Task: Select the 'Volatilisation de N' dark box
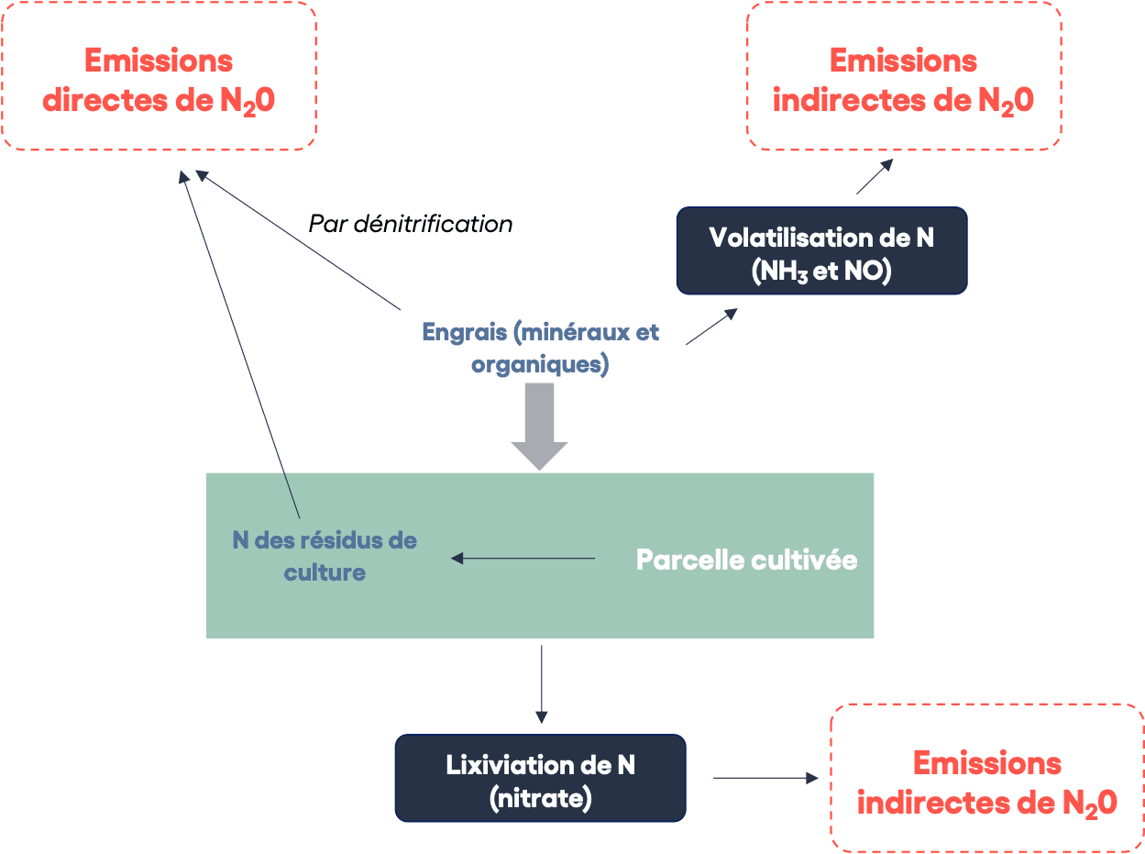pyautogui.click(x=821, y=250)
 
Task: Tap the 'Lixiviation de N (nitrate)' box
pyautogui.click(x=540, y=778)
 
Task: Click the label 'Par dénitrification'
pyautogui.click(x=410, y=224)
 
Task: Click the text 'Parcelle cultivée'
pyautogui.click(x=746, y=560)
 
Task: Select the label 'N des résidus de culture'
pyautogui.click(x=325, y=556)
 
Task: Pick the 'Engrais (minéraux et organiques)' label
pyautogui.click(x=540, y=348)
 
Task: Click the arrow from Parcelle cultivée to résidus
pyautogui.click(x=523, y=558)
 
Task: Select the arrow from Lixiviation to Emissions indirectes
pyautogui.click(x=765, y=778)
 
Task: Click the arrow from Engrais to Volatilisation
pyautogui.click(x=711, y=327)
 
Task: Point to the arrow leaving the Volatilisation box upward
pyautogui.click(x=874, y=176)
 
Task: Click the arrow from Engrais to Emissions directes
pyautogui.click(x=298, y=240)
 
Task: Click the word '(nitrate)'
pyautogui.click(x=540, y=798)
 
